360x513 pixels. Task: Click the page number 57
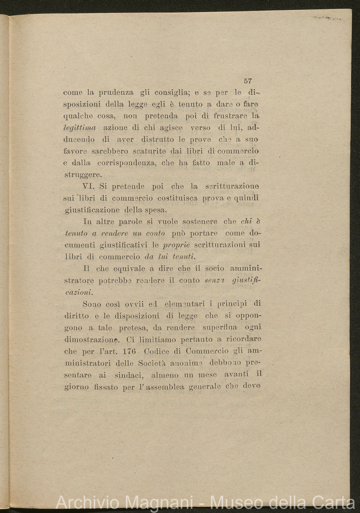[x=248, y=81]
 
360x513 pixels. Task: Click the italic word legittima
[x=80, y=127]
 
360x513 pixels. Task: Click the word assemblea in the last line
[x=163, y=386]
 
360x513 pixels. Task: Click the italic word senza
[x=214, y=280]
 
